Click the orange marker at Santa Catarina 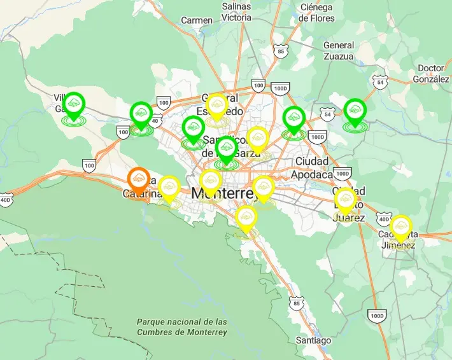pos(138,179)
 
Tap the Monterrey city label pos(225,193)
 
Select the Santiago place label pos(313,340)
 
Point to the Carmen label pos(196,20)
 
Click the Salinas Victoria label pos(236,12)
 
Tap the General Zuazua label pos(338,51)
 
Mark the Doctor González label pos(431,74)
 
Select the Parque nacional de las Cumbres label pos(181,327)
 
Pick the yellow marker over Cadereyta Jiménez pos(400,227)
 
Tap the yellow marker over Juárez pos(346,200)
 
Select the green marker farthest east pos(355,111)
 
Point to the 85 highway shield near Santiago pos(296,304)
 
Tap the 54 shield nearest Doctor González pos(380,82)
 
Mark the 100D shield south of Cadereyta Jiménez pos(378,315)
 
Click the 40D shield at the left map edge pos(6,200)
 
